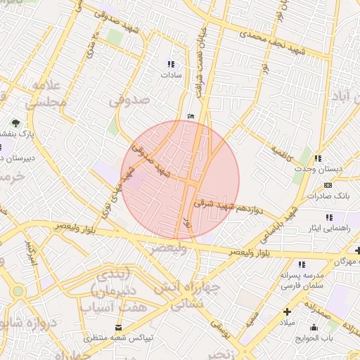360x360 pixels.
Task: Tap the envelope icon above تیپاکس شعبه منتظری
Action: tap(118, 328)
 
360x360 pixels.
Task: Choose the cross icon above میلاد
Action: tap(287, 311)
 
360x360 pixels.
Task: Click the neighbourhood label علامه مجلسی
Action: tap(46, 94)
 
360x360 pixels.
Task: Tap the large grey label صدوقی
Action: tap(131, 101)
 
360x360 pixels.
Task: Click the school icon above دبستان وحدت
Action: tap(318, 159)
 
